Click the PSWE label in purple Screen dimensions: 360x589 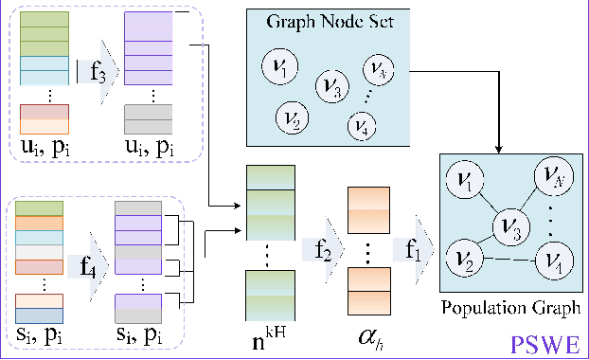pos(544,342)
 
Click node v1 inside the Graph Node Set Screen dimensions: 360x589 pos(283,69)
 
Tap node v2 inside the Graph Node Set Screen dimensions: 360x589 pos(290,118)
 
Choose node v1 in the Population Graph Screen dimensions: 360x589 pos(465,179)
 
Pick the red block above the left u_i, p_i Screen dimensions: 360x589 pos(45,113)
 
